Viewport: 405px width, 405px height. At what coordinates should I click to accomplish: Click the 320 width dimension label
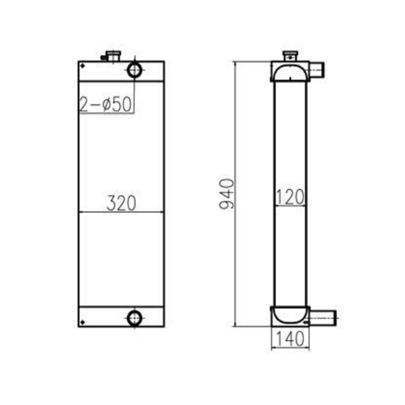121,203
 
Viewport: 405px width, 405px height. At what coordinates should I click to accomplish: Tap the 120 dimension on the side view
290,197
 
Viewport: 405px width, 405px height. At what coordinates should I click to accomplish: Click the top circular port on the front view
135,70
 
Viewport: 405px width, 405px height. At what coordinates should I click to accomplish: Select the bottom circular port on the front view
135,318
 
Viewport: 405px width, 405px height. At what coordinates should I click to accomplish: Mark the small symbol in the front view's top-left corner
82,66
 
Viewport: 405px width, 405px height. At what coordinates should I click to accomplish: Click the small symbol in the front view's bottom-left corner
82,322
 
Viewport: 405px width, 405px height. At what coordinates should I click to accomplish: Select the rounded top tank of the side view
290,72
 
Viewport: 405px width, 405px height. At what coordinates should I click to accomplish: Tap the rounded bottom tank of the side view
290,314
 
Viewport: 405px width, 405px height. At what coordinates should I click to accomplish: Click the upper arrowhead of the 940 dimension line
235,63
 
